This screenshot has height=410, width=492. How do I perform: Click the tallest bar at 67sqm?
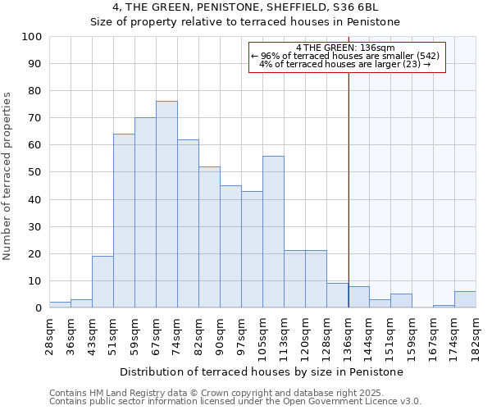166,204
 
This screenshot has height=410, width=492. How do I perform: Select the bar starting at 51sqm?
124,221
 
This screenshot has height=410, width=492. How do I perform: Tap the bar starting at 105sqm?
273,231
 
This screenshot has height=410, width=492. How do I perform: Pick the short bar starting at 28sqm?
60,304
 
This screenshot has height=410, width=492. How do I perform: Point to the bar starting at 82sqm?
209,237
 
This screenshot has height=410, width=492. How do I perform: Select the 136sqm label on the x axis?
348,336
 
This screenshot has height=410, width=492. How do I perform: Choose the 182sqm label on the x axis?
476,336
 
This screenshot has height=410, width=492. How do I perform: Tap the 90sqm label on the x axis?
221,336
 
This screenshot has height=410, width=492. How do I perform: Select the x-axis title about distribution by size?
262,371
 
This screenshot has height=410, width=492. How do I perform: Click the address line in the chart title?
245,7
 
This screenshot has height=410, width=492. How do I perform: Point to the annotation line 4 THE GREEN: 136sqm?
346,48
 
